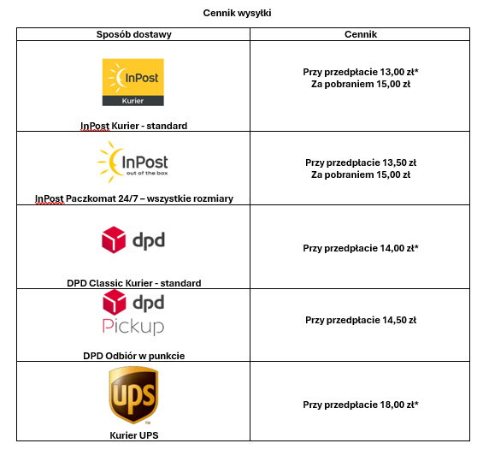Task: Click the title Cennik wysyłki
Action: click(237, 13)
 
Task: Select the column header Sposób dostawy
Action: click(133, 34)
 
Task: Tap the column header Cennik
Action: click(361, 34)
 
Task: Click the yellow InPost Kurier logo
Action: click(133, 82)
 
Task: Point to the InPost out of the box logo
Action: click(133, 163)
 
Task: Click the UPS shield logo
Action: click(133, 395)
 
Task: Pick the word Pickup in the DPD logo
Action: click(133, 327)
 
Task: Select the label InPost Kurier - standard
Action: click(133, 126)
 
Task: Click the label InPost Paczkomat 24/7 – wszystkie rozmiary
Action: click(134, 198)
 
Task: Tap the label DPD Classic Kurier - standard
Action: click(134, 283)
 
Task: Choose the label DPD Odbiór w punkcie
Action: click(133, 356)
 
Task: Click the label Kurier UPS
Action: click(134, 435)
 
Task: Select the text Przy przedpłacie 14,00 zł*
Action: click(361, 248)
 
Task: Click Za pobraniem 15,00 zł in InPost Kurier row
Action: click(361, 84)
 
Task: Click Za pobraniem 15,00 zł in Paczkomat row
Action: click(361, 174)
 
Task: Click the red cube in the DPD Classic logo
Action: click(114, 239)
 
